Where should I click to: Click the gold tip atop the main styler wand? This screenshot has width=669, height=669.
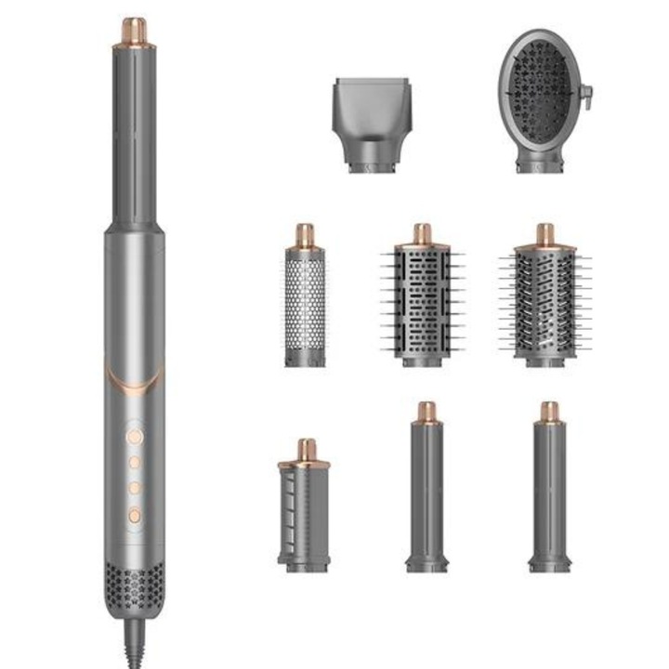pos(134,31)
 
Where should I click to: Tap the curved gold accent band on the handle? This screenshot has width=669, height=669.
pos(134,377)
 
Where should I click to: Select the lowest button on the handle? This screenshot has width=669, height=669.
pos(134,514)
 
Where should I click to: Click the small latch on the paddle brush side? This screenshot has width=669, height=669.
pos(585,93)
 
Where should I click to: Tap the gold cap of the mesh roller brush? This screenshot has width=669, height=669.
pos(305,235)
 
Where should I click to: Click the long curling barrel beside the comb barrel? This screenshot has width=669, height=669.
pos(426,492)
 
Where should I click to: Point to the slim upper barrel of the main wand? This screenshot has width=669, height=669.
pos(134,130)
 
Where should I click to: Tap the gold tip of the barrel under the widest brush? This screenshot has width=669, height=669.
pos(549,412)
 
